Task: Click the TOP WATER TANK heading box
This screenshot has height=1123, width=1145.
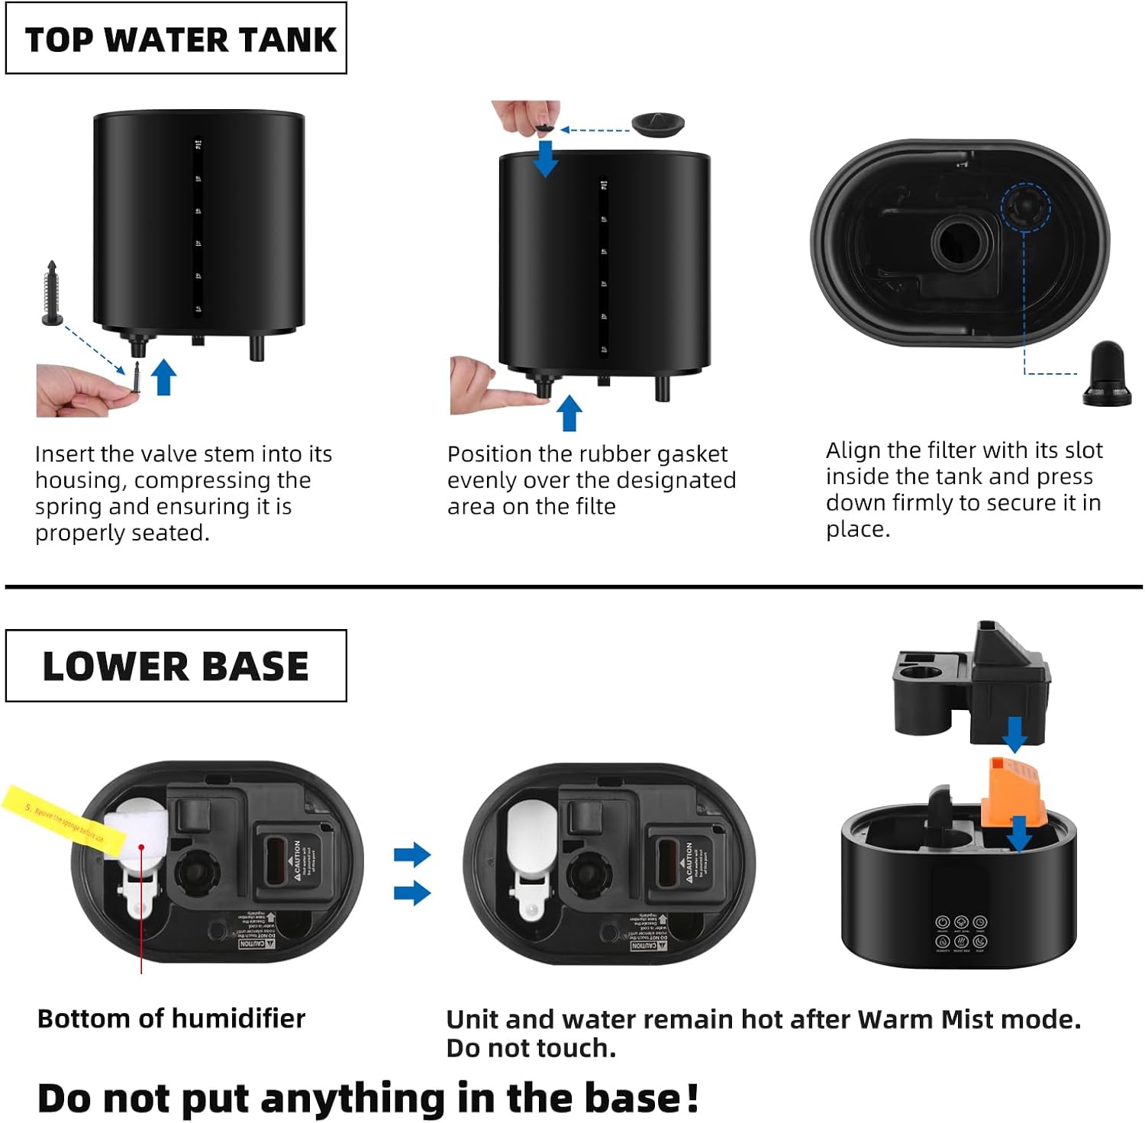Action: (x=176, y=38)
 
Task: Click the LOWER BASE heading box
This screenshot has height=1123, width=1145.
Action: (x=176, y=666)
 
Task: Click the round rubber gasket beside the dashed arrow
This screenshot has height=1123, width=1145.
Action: (x=658, y=124)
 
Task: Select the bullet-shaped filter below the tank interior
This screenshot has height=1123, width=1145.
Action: (x=1106, y=373)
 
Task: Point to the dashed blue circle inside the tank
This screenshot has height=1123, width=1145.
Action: (x=1025, y=207)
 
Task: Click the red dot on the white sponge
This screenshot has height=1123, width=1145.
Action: (x=141, y=847)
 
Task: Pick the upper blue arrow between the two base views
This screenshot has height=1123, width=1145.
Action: (x=412, y=854)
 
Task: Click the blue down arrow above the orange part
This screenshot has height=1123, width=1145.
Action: (x=1014, y=734)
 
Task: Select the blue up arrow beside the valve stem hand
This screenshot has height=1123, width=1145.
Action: (x=163, y=377)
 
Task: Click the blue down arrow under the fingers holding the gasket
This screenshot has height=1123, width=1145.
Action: (x=545, y=159)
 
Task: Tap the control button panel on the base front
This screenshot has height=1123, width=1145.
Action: (x=961, y=932)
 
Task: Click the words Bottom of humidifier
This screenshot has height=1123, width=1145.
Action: (x=171, y=1018)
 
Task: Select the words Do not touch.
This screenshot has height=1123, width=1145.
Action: (x=531, y=1048)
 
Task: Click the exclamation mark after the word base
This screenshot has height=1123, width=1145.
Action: (x=692, y=1098)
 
